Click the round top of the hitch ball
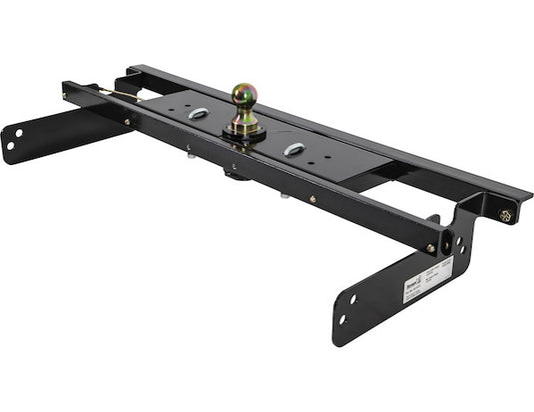(x=245, y=94)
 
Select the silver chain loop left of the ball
(x=198, y=114)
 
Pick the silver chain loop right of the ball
(x=294, y=149)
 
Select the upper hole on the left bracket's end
(x=18, y=131)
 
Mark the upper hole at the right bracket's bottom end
(x=352, y=297)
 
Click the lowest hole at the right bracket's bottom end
(x=342, y=320)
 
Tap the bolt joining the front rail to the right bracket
(x=431, y=248)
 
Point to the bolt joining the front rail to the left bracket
(x=127, y=121)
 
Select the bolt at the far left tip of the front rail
(x=67, y=96)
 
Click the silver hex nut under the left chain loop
(x=189, y=152)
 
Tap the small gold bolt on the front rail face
(x=311, y=199)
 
